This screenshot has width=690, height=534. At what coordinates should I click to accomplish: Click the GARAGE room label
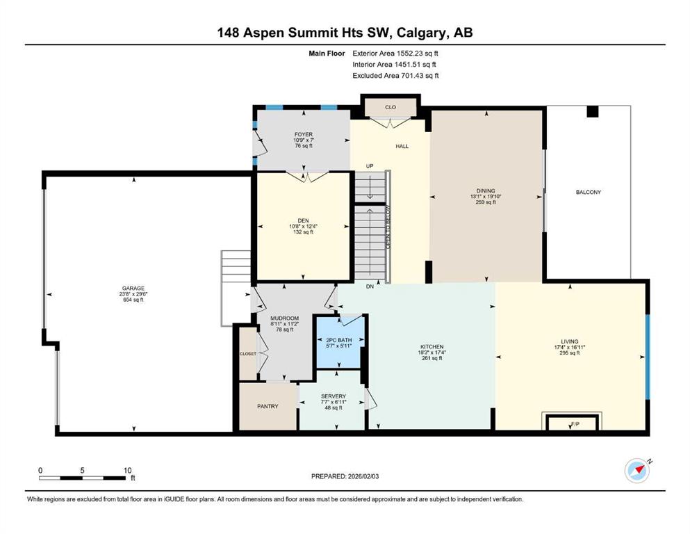[133, 289]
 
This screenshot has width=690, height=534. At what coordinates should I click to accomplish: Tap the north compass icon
[636, 471]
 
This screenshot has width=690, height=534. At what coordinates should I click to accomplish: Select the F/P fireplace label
[575, 424]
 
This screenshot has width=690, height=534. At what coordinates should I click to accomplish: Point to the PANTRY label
[268, 406]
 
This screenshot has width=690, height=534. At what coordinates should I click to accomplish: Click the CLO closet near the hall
[391, 107]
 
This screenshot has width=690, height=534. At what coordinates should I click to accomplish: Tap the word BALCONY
[589, 192]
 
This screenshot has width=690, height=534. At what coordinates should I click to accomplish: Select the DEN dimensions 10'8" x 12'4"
[303, 226]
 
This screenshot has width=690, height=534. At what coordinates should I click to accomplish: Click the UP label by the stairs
[370, 166]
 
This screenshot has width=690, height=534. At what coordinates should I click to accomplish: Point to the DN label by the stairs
[370, 286]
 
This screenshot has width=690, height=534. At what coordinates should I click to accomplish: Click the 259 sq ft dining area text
[486, 202]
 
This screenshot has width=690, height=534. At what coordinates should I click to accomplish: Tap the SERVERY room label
[333, 396]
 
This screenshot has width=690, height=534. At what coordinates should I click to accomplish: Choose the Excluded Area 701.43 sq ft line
[395, 76]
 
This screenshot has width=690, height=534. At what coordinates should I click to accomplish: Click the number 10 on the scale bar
[127, 470]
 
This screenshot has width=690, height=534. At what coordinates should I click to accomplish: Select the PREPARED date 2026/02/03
[345, 476]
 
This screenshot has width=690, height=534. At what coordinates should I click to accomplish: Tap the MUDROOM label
[285, 318]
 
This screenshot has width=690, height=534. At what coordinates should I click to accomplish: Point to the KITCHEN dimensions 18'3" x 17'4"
[432, 353]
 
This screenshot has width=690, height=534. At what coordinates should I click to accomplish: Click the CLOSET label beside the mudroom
[248, 353]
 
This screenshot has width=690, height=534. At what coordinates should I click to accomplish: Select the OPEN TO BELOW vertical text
[388, 227]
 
